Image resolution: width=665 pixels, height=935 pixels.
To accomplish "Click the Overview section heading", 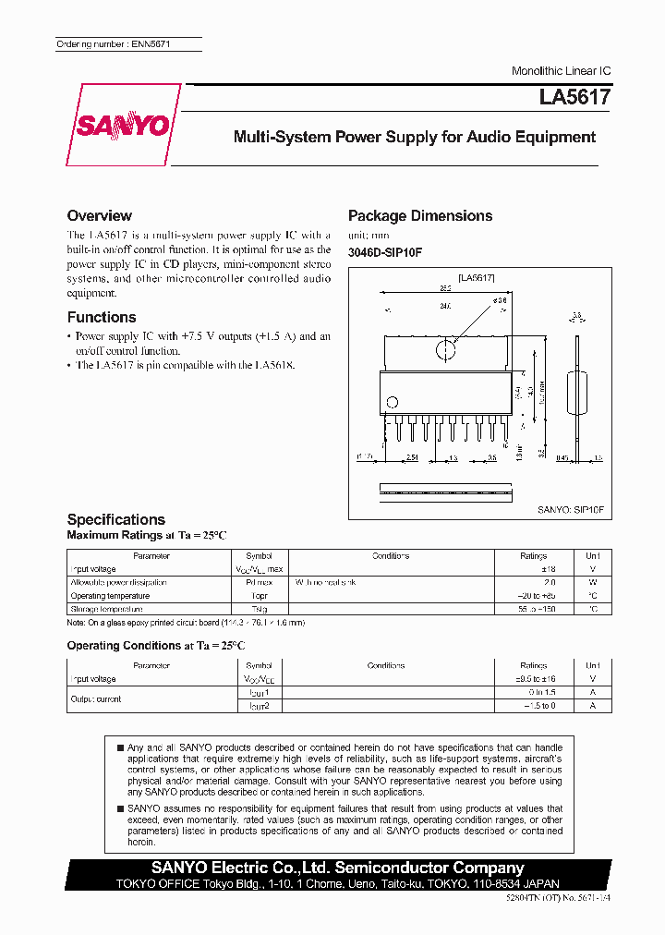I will pos(99,215).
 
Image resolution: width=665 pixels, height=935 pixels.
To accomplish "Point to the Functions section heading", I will pos(102,317).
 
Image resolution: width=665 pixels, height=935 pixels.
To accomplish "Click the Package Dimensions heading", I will pos(419,215).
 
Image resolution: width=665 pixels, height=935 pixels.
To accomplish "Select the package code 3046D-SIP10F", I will pos(384,253).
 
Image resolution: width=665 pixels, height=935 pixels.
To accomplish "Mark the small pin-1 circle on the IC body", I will pos(392,402).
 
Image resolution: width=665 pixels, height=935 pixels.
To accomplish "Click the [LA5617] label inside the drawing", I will pos(477,277).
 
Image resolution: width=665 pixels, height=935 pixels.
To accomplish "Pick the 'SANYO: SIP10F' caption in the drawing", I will pos(570,508).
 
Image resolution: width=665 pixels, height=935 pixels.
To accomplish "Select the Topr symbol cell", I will pos(259,596).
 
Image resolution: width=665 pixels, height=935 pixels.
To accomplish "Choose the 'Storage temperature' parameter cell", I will pos(106,609).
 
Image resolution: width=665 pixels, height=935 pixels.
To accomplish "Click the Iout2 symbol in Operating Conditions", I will pos(259,706).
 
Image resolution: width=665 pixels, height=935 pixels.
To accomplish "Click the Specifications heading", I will pos(116,519).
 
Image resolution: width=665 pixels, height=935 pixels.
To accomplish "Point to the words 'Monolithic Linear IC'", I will pos(561,71).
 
